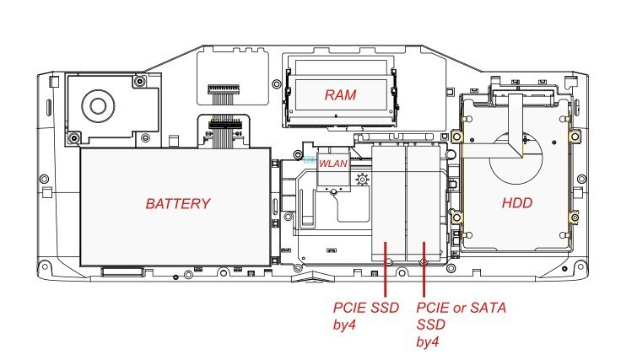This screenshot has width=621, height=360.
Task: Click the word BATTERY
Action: coord(177,204)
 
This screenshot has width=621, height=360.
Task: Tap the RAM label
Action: coord(340,95)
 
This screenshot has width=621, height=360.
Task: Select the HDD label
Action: coord(517,204)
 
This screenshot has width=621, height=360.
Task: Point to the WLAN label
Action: coord(332,164)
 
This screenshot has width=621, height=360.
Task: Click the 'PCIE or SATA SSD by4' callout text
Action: coord(460,324)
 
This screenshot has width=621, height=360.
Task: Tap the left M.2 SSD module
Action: coord(389,202)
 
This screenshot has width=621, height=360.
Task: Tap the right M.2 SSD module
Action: coord(424,202)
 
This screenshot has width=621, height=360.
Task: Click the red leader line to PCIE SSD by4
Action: coord(386,270)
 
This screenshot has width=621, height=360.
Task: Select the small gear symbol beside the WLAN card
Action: coord(363,179)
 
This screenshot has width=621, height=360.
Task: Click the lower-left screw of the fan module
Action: coord(74,137)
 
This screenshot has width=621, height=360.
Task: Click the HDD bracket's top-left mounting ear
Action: coord(456,137)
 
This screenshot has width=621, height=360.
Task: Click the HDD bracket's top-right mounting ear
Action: coord(575,137)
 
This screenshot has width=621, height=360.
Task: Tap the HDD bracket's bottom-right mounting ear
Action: coord(575,219)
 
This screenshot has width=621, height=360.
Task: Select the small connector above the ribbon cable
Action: coord(221,89)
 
